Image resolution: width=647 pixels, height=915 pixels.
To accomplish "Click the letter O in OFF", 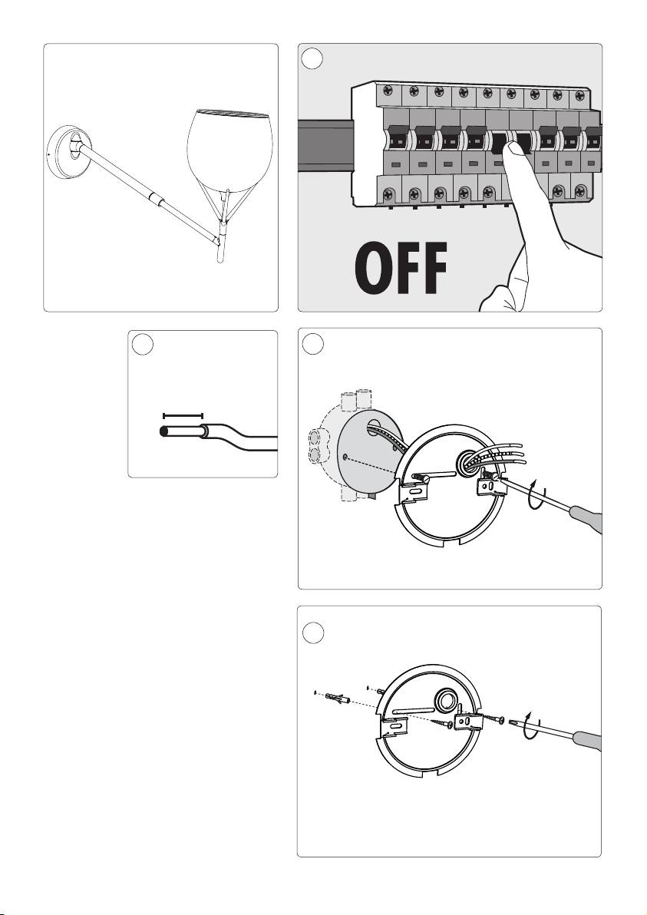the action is [373, 269].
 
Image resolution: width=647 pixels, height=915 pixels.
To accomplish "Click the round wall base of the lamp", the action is [69, 152].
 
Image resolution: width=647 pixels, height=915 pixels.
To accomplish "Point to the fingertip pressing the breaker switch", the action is [514, 150].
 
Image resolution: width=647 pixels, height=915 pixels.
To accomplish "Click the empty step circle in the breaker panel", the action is [312, 59].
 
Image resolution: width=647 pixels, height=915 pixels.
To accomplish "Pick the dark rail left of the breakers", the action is [325, 145].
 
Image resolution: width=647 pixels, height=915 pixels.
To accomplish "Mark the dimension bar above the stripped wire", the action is [183, 415].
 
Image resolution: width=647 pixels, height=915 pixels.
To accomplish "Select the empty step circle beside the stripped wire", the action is [143, 344].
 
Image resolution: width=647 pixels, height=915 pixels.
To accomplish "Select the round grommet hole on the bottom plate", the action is [447, 699].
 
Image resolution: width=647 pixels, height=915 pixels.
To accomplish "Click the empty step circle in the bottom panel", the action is [313, 634].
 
